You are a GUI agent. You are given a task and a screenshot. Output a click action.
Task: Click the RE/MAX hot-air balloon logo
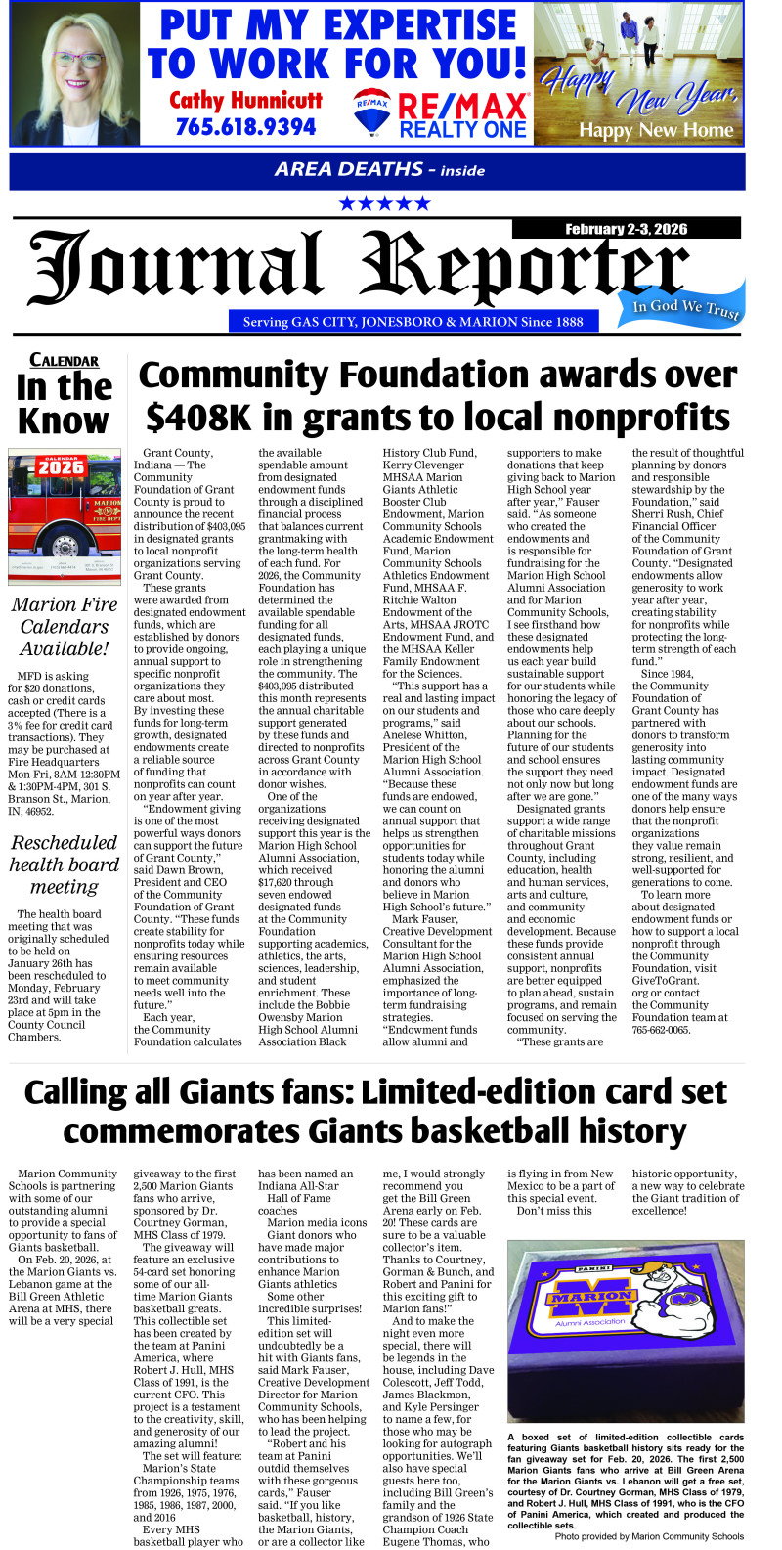coord(371,111)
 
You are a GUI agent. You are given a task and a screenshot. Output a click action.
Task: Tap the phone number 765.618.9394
coord(245,127)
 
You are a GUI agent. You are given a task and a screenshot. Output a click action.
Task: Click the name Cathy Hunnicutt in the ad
coord(245,100)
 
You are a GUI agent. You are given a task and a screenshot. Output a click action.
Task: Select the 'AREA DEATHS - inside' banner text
coord(379,169)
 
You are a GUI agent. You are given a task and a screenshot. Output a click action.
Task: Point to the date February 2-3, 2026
coord(626,229)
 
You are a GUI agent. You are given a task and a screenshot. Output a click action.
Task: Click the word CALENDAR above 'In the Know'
coord(64,360)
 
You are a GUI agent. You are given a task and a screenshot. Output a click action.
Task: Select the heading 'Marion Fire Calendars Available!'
coord(65,626)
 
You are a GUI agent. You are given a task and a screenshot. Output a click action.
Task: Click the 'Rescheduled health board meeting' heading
coord(65,864)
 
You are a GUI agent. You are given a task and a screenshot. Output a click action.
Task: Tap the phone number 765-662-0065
coord(661,1030)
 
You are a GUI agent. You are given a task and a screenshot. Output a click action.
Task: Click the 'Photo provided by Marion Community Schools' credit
coord(649,1536)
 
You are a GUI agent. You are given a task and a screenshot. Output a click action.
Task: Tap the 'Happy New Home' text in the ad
coord(656,129)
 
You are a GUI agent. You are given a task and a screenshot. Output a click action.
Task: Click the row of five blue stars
coord(384,203)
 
